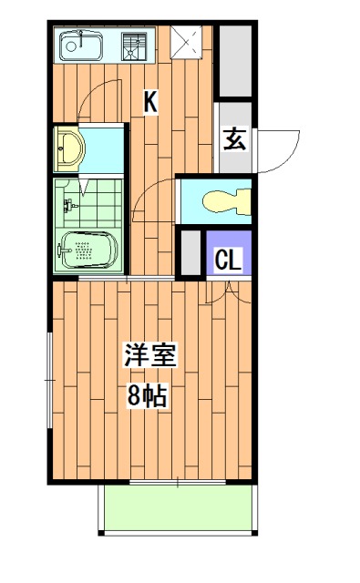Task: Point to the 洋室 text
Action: [151, 355]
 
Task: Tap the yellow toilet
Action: [223, 200]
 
